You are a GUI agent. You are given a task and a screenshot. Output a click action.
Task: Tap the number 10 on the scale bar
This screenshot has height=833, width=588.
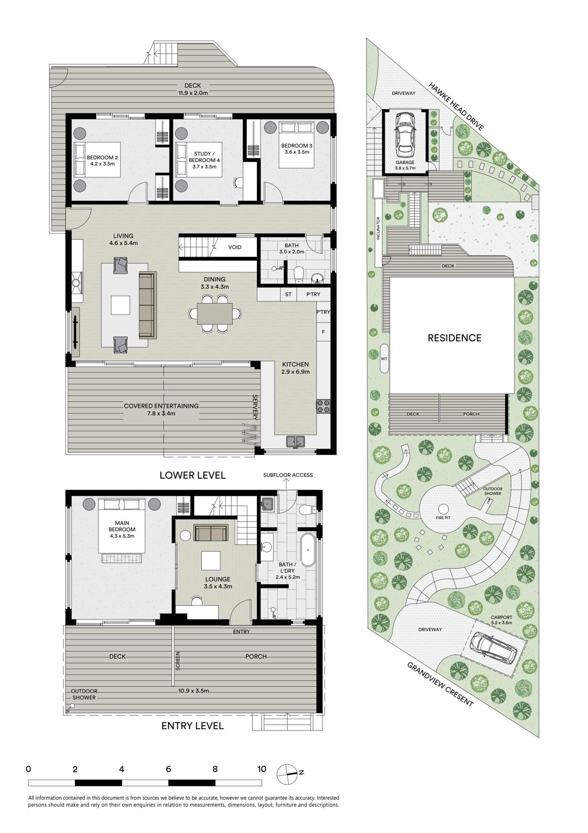[262, 769]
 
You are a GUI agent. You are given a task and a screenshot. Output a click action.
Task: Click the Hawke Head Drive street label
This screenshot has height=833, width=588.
[457, 106]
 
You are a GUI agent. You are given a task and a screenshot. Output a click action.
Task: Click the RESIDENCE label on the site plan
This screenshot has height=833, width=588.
[454, 338]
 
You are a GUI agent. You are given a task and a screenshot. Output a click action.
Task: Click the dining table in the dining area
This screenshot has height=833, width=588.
[215, 314]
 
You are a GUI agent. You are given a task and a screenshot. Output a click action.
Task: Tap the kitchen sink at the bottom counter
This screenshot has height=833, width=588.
[295, 442]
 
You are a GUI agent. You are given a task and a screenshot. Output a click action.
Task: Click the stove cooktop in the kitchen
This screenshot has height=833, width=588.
[323, 406]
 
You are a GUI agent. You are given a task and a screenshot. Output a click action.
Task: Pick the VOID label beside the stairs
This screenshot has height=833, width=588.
[235, 247]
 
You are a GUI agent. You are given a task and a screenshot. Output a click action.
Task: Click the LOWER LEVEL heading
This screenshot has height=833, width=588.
[193, 475]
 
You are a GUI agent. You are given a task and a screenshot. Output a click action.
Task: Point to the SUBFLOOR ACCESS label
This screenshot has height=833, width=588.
[288, 475]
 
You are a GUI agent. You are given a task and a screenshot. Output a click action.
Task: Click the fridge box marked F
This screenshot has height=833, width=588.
[323, 332]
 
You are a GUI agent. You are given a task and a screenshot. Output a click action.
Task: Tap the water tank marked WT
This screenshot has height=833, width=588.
[384, 359]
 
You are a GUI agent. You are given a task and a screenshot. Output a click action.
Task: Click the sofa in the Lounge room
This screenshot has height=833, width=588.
[211, 533]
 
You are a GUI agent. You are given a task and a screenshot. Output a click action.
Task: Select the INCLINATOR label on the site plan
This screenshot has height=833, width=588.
[378, 228]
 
